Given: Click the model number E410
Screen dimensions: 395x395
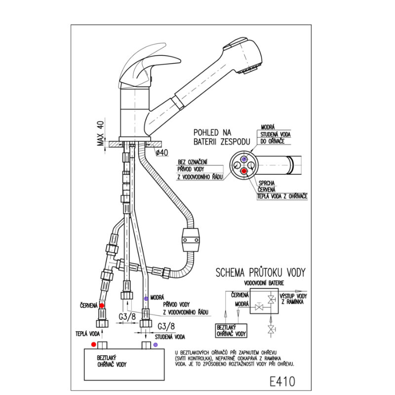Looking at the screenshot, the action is coord(282,381).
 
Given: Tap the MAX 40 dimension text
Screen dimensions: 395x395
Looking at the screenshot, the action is coord(101,133).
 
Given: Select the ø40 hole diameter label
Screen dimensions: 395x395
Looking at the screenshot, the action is coord(162,153).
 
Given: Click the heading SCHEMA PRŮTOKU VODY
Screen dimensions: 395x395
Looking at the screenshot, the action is coord(261,273).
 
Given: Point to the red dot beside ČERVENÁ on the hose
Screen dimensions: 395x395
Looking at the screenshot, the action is coord(102,306).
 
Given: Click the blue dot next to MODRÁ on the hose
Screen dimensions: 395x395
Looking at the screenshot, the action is coord(146,299).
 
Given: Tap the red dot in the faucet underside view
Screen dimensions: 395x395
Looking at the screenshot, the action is coord(244,171).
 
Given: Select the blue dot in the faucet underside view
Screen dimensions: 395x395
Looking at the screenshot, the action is coord(244,159).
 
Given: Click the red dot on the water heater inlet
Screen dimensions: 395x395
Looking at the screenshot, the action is coord(93,344).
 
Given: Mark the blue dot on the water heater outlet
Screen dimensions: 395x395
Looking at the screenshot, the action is coord(156,345).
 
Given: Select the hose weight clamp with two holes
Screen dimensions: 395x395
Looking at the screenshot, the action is coord(191,240).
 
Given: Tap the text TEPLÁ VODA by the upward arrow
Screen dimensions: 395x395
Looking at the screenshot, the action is coord(88,334).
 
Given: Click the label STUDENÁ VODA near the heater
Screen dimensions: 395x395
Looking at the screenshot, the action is coord(170,337).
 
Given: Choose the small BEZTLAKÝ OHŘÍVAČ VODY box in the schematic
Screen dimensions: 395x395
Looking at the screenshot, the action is coord(231,330).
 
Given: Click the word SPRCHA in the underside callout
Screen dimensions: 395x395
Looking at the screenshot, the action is coord(267,183).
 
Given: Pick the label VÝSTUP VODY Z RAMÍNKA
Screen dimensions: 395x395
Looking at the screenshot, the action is coord(293,299).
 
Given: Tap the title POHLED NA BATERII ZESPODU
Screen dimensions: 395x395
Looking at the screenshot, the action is coord(222,137).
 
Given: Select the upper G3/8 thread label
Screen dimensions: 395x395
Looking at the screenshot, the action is coord(127,316).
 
